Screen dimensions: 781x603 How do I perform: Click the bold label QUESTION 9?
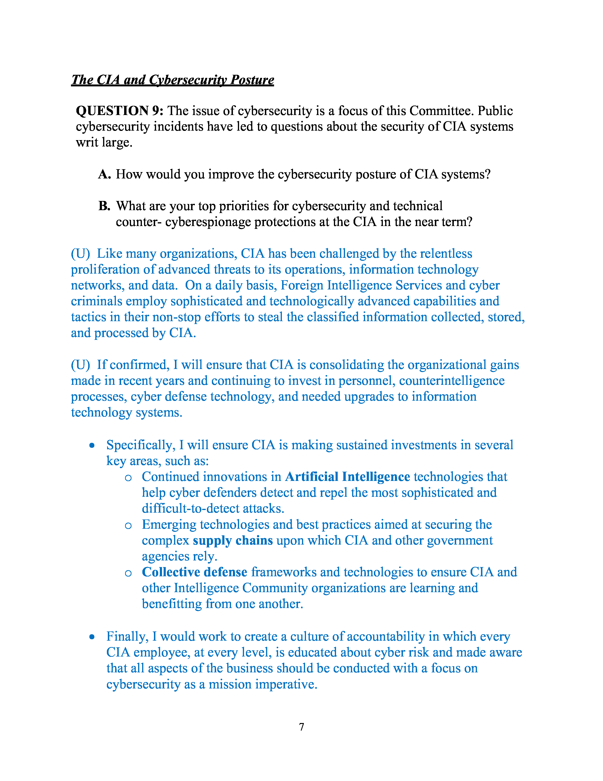tap(120, 111)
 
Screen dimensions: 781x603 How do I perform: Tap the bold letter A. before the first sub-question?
tap(104, 174)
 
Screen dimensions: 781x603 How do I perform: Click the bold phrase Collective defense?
tap(194, 572)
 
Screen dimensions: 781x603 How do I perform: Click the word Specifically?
tap(140, 445)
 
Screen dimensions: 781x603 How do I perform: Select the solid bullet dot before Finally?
tap(92, 637)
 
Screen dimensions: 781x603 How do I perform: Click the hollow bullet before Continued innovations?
tap(128, 478)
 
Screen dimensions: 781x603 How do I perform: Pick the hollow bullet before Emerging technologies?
tap(128, 526)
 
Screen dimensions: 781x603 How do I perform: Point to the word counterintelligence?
tap(451, 381)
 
